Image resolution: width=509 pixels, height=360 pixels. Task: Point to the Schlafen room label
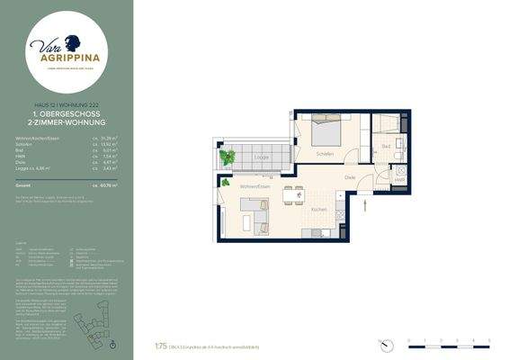[325, 154]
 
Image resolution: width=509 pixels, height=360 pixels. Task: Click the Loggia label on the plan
[263, 157]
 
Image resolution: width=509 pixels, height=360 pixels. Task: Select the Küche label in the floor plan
[319, 209]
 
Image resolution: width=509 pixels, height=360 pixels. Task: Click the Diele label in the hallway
[350, 176]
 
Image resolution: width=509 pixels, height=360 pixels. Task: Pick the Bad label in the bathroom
[386, 146]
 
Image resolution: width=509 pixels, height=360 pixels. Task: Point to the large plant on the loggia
[228, 157]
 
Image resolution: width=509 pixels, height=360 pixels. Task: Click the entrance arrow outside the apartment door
[365, 204]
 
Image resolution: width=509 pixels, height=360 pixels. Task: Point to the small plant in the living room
[225, 184]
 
